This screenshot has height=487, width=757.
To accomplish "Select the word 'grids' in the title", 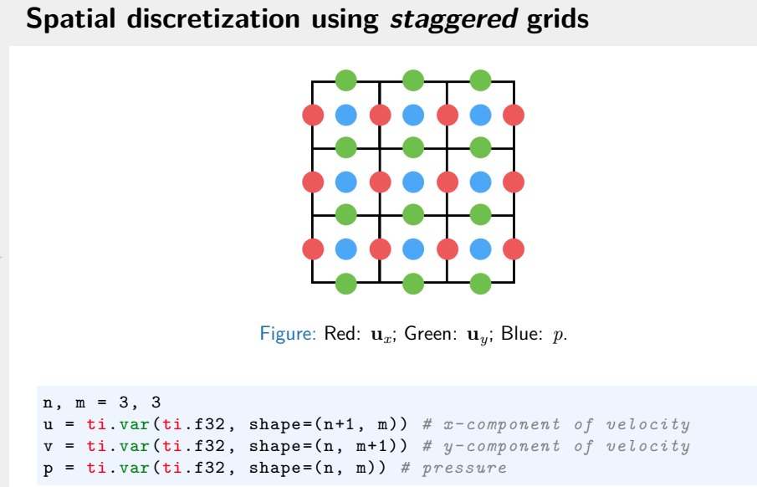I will pyautogui.click(x=557, y=19).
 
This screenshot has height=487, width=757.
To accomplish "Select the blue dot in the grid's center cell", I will pyautogui.click(x=413, y=182).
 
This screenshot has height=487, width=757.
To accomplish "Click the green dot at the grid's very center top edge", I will pyautogui.click(x=413, y=80).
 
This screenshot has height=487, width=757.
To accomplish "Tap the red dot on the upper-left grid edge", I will pyautogui.click(x=313, y=115).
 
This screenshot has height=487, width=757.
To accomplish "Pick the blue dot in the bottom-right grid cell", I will pyautogui.click(x=480, y=249).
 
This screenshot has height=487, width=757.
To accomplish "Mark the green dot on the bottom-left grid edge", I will pyautogui.click(x=345, y=283).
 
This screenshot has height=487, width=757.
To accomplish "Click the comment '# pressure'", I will pyautogui.click(x=454, y=466).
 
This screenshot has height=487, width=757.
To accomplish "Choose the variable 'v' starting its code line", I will pyautogui.click(x=47, y=446).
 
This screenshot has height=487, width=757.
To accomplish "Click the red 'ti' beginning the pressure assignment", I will pyautogui.click(x=94, y=466).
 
